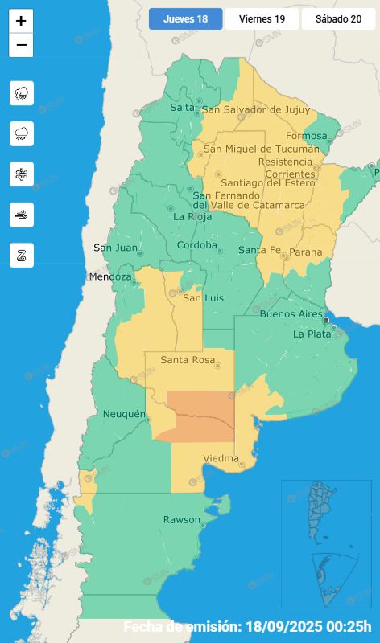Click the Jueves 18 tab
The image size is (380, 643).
(185, 19)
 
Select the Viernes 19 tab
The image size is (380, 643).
(262, 19)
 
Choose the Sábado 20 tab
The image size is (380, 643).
(338, 19)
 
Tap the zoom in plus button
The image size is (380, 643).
(21, 21)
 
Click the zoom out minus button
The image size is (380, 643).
(21, 45)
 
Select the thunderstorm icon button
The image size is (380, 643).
(22, 93)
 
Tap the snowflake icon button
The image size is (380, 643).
(22, 174)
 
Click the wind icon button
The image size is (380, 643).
(22, 215)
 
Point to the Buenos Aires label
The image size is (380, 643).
(291, 314)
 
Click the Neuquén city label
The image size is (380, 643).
(124, 414)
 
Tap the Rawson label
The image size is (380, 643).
(182, 520)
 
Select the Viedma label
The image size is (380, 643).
(220, 458)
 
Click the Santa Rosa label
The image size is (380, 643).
(188, 360)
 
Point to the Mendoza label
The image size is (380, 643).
(109, 277)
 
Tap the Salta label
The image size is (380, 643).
(182, 108)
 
